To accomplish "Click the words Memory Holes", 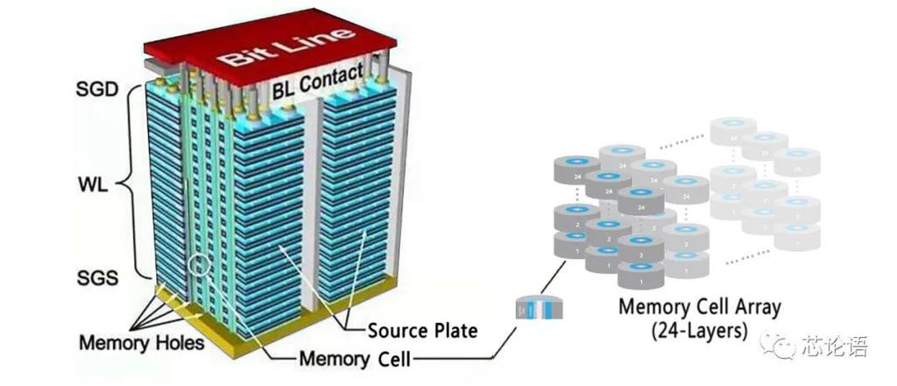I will pos(141,341).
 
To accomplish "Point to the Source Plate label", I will pos(422,331).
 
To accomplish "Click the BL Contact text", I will pos(317,84).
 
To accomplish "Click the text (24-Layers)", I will pos(698,332).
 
